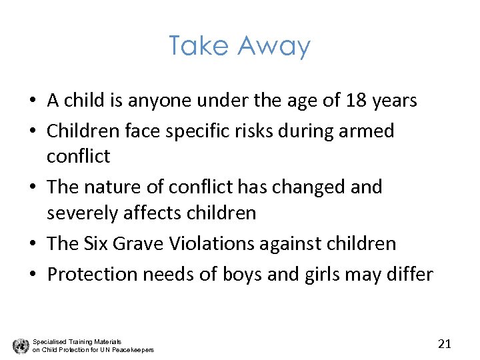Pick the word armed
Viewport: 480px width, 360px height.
click(369, 131)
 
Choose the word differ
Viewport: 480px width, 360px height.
click(409, 274)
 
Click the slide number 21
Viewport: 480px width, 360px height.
click(445, 344)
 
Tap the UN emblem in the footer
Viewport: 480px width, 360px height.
click(20, 345)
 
